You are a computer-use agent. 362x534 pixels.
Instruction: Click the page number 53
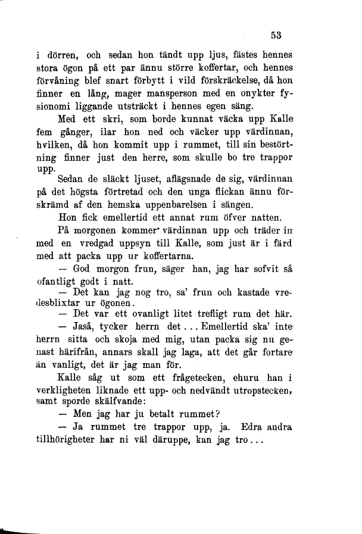click(x=276, y=35)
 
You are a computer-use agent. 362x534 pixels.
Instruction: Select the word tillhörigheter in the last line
click(x=65, y=442)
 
